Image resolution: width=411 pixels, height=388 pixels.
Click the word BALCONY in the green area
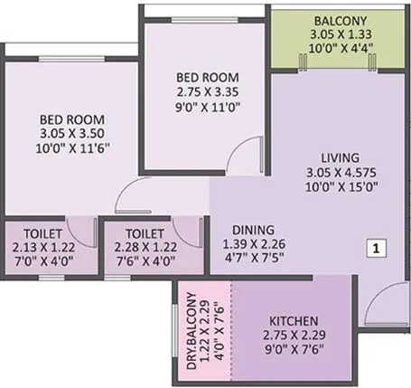click(334, 20)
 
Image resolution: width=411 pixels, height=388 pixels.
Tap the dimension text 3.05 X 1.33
click(334, 34)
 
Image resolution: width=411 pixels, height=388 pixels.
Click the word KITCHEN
click(292, 321)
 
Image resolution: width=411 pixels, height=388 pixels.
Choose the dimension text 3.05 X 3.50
click(72, 133)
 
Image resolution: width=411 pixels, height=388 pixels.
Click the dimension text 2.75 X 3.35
click(206, 91)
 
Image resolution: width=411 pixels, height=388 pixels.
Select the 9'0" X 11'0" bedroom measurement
click(206, 105)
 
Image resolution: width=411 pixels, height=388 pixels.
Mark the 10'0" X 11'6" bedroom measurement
click(72, 147)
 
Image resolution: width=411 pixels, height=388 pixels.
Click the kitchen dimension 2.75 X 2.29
click(292, 335)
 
